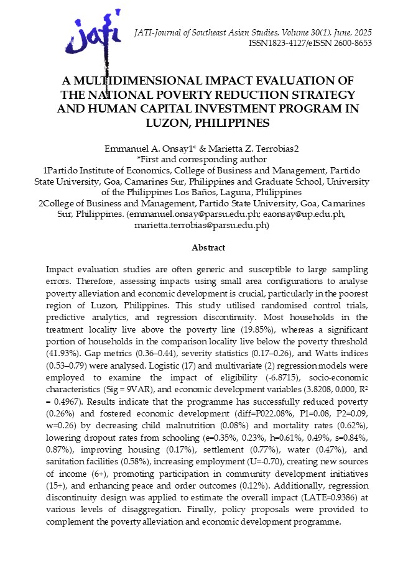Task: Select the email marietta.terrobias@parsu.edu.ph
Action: click(201, 225)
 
